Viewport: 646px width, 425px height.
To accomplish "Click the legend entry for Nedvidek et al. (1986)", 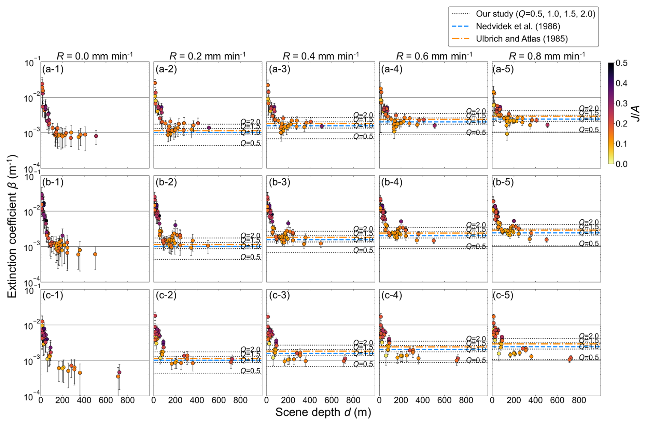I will pos(518,26).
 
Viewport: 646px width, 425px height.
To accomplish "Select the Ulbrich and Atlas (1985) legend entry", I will pos(521,39).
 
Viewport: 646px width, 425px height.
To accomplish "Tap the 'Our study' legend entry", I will pos(535,14).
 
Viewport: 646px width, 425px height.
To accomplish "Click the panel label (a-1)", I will pos(53,69).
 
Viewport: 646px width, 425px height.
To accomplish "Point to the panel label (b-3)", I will pos(279,182).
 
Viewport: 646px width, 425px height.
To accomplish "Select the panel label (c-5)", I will pos(503,295).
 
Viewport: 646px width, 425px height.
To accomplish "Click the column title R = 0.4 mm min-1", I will pos(321,56).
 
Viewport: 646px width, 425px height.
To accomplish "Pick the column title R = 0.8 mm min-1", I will pos(546,56).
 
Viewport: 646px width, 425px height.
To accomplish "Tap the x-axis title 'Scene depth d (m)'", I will pos(323,412).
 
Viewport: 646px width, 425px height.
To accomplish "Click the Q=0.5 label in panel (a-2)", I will pos(250,143).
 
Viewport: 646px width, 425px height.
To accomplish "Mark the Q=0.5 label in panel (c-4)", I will pos(476,360).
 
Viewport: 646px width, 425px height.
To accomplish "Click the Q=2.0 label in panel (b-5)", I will pos(589,222).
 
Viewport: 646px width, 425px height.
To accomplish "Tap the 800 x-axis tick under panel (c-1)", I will pos(127,400).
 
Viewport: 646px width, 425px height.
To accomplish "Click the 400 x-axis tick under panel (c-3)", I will pos(310,400).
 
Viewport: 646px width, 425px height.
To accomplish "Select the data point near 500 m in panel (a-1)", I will pos(96,136).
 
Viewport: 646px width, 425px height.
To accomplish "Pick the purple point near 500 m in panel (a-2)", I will pos(209,128).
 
